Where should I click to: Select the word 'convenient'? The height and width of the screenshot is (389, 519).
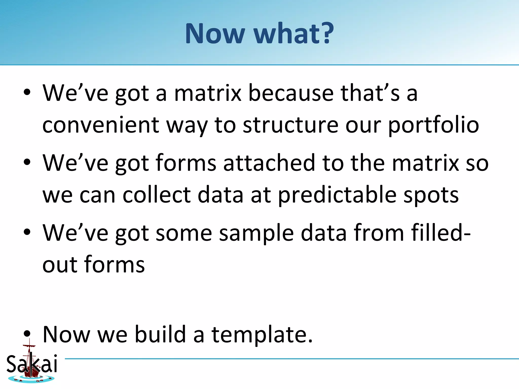click(x=100, y=125)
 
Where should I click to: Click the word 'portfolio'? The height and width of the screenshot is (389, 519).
click(x=433, y=126)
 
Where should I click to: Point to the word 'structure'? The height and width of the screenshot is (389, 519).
click(x=290, y=125)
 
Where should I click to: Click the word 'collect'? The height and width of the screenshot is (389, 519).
click(x=157, y=195)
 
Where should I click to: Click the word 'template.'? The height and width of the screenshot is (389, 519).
click(x=262, y=335)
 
